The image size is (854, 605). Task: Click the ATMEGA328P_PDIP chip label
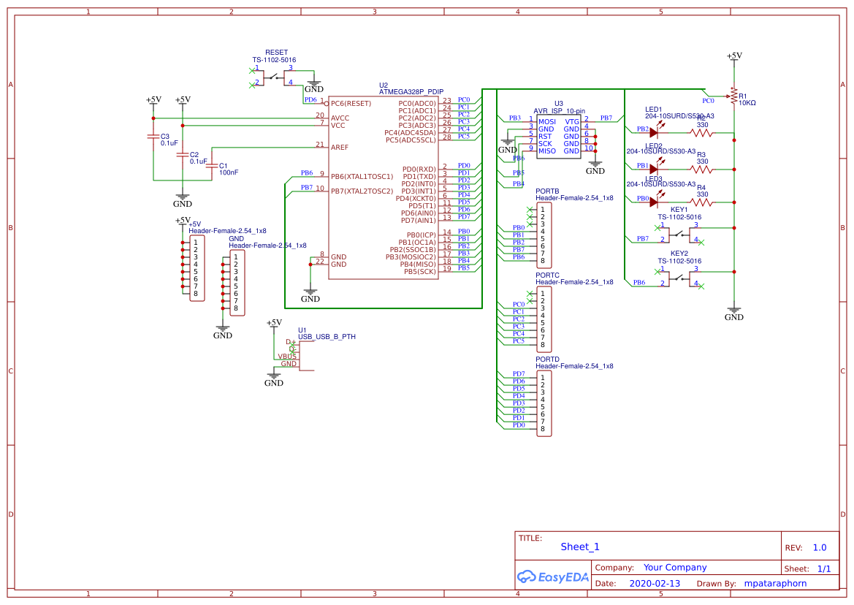[x=411, y=91]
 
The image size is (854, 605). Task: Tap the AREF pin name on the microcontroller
[x=340, y=148]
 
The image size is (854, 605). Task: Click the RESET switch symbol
[x=274, y=77]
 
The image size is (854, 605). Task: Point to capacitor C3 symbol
[x=153, y=137]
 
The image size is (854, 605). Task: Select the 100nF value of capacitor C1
[x=229, y=172]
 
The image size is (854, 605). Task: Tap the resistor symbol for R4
[x=701, y=202]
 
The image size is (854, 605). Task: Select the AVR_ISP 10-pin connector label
[x=559, y=110]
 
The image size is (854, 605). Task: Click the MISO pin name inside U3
[x=547, y=151]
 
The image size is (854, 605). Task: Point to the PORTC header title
[x=547, y=275]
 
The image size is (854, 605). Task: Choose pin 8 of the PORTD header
[x=543, y=429]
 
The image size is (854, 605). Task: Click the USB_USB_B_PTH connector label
[x=327, y=337]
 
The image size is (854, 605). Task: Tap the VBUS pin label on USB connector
[x=287, y=357]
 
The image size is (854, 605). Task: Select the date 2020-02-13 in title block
[x=655, y=584]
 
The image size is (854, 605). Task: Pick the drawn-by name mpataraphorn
[x=775, y=584]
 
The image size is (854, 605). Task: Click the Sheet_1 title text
[x=580, y=547]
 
